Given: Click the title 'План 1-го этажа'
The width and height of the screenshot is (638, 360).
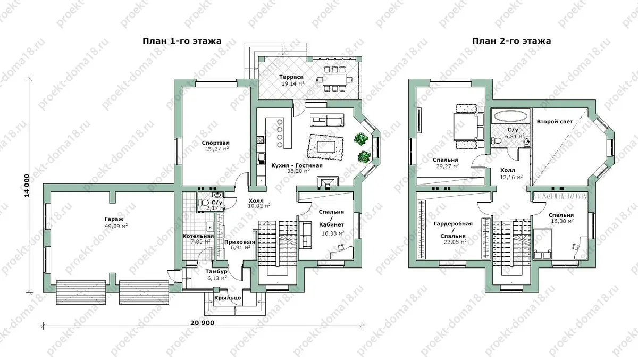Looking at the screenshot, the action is pyautogui.click(x=182, y=41).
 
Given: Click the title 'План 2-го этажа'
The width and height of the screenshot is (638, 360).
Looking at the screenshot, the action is pyautogui.click(x=511, y=41).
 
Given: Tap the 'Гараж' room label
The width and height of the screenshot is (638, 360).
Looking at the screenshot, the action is pyautogui.click(x=114, y=219).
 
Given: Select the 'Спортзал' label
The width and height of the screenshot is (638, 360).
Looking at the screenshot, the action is pyautogui.click(x=216, y=143).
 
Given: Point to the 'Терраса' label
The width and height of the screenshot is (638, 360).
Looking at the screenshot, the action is pyautogui.click(x=291, y=77).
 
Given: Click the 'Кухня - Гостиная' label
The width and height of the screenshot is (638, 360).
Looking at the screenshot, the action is pyautogui.click(x=297, y=165).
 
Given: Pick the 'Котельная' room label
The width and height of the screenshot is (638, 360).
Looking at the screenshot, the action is pyautogui.click(x=198, y=236).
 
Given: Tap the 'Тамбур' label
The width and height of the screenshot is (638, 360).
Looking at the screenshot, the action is pyautogui.click(x=216, y=271).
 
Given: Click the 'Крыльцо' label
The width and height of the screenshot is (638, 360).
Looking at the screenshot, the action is pyautogui.click(x=228, y=298).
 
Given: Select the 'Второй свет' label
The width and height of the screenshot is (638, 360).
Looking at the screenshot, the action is pyautogui.click(x=555, y=122).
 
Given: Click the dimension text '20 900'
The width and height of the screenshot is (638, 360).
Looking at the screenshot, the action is pyautogui.click(x=202, y=323).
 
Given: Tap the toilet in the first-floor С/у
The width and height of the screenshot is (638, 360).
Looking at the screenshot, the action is pyautogui.click(x=204, y=203).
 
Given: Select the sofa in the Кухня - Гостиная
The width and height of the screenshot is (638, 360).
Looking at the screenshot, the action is pyautogui.click(x=327, y=120).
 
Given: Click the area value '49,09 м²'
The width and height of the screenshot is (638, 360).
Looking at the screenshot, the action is pyautogui.click(x=116, y=226).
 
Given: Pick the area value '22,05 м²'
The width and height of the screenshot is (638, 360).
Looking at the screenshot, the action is pyautogui.click(x=455, y=242).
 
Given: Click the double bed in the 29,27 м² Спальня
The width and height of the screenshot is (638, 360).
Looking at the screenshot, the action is pyautogui.click(x=465, y=127).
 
